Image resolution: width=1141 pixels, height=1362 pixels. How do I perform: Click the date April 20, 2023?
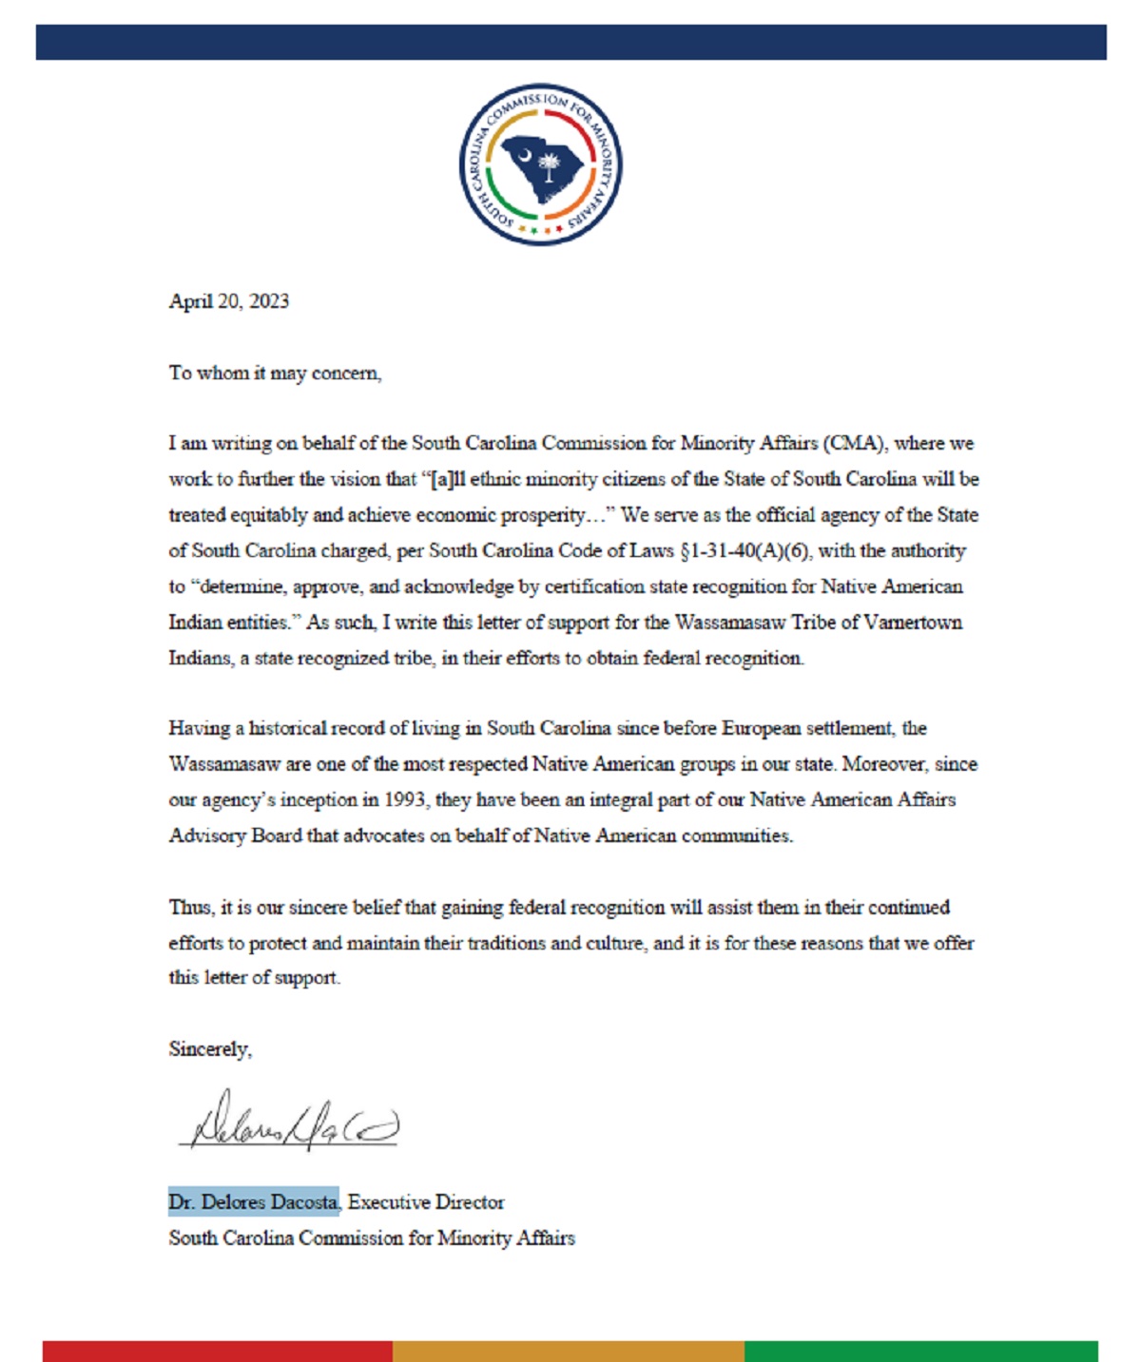click(228, 301)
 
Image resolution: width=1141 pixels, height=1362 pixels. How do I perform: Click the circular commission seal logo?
click(540, 163)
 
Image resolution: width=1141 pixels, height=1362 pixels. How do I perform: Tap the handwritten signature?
click(290, 1123)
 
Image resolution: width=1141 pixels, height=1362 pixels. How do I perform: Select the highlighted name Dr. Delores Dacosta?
click(254, 1202)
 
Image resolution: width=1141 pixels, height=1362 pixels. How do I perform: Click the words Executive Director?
click(426, 1202)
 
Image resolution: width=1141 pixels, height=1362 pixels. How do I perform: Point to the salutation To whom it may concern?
click(275, 373)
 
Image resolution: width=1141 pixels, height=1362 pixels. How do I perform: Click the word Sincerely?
click(210, 1049)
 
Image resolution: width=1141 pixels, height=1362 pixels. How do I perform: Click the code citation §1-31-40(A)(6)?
click(746, 551)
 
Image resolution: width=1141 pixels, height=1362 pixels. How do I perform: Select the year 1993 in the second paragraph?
click(404, 800)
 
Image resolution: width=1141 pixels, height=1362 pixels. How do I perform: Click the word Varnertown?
click(914, 623)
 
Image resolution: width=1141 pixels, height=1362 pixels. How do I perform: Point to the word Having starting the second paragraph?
click(200, 729)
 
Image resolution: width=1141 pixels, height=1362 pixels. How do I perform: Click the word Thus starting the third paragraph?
click(189, 908)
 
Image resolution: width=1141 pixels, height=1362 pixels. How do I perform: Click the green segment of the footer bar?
click(920, 1351)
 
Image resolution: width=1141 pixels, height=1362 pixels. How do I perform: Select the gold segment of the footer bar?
click(568, 1351)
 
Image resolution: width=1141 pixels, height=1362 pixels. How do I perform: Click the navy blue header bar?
click(570, 43)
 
